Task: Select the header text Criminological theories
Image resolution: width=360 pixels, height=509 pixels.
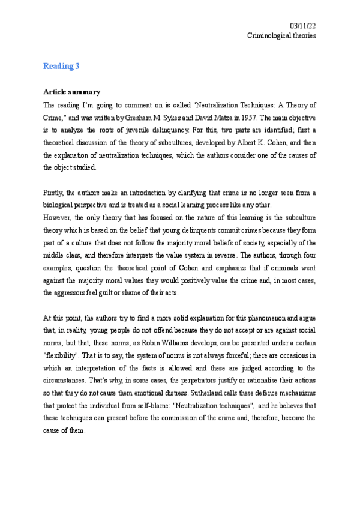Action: tap(282, 35)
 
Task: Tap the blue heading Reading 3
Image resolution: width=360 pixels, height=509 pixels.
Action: tap(61, 67)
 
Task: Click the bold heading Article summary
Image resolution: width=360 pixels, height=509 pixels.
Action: tap(72, 92)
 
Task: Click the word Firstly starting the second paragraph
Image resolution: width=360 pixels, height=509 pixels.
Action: tap(54, 192)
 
